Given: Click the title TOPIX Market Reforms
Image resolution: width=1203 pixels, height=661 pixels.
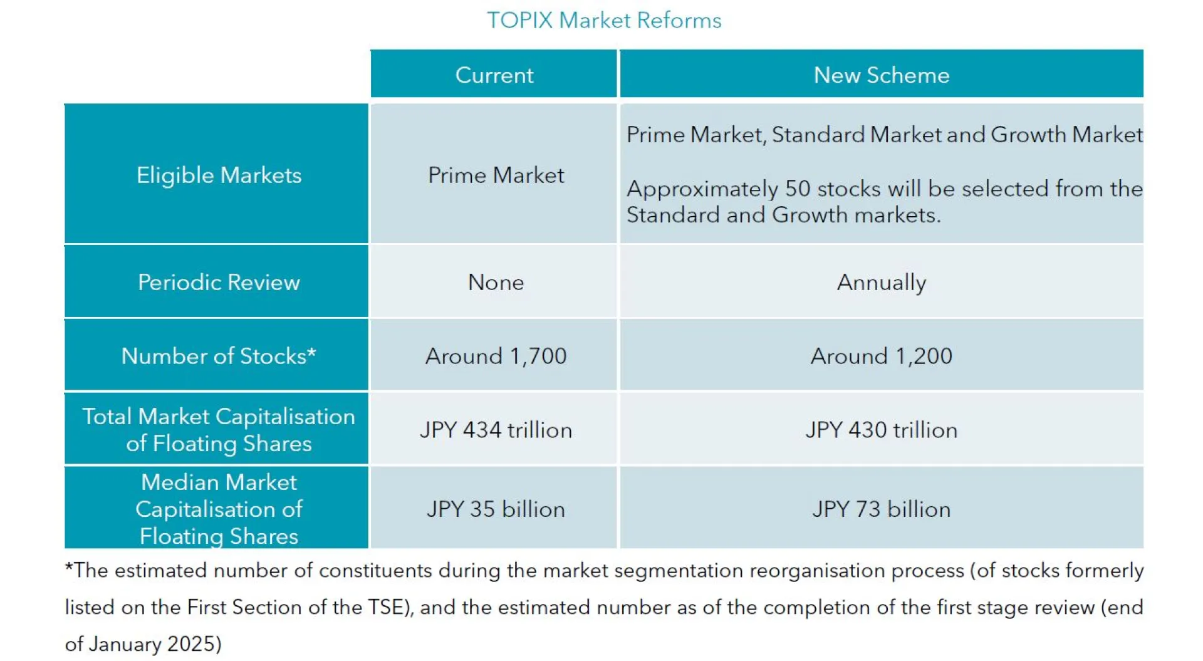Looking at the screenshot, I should click(x=604, y=21).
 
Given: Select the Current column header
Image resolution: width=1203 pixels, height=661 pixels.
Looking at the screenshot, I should click(x=494, y=75).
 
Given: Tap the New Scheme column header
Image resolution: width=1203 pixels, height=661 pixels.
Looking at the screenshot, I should click(x=881, y=75).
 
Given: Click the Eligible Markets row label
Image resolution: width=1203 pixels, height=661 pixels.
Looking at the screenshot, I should click(x=219, y=175).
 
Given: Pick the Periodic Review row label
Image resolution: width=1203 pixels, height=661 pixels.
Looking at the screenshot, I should click(x=219, y=282).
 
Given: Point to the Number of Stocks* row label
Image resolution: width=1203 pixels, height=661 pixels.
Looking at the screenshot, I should click(x=219, y=356).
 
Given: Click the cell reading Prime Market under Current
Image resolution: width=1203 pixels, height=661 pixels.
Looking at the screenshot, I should click(x=496, y=175).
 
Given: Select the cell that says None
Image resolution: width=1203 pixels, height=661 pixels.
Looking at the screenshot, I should click(x=496, y=282).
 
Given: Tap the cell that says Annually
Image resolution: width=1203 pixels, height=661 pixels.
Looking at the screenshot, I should click(x=881, y=282).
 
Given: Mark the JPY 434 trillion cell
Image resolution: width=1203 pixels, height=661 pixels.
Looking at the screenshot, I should click(x=496, y=430).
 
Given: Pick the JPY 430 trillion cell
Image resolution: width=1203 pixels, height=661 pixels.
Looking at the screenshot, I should click(x=881, y=430).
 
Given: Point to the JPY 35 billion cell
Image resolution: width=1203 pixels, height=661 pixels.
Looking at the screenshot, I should click(x=496, y=509).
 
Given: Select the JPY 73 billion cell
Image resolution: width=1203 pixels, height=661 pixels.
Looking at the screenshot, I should click(x=881, y=509).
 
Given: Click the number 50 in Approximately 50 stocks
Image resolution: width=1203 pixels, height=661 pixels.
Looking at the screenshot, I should click(x=798, y=189).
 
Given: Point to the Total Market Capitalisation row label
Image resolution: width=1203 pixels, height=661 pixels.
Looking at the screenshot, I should click(x=219, y=430).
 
